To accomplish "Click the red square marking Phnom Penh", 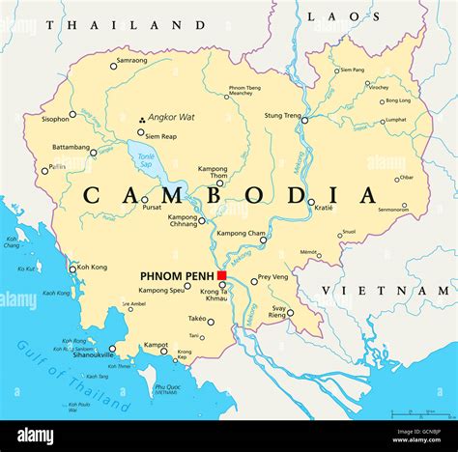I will click(x=221, y=276).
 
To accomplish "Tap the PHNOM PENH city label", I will click(x=177, y=276).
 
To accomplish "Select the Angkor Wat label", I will click(x=172, y=117).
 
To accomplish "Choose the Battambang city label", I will click(x=71, y=147).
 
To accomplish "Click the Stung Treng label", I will click(x=284, y=116).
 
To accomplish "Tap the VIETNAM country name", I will click(x=392, y=290).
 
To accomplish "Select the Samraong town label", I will click(x=131, y=61).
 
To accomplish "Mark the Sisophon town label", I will click(x=55, y=119).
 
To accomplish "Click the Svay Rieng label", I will click(x=276, y=310).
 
